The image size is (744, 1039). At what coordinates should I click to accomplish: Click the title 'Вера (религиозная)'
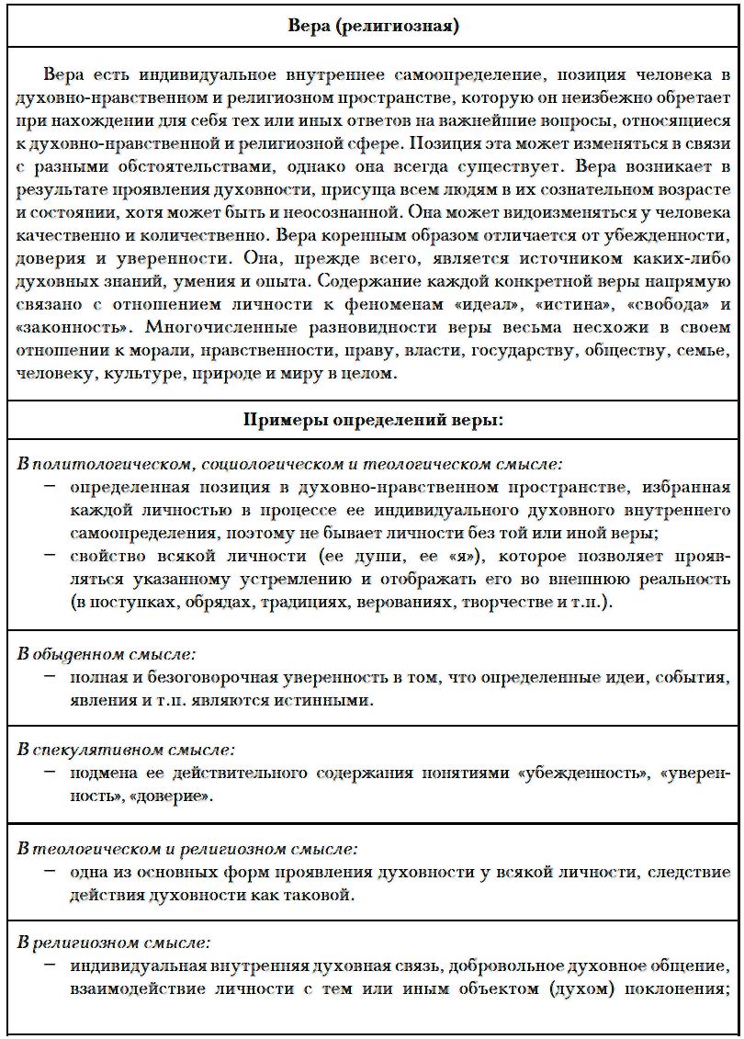[373, 26]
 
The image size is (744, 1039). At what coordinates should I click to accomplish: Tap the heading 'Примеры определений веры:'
[373, 420]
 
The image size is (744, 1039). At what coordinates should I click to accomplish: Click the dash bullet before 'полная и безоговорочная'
[48, 678]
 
